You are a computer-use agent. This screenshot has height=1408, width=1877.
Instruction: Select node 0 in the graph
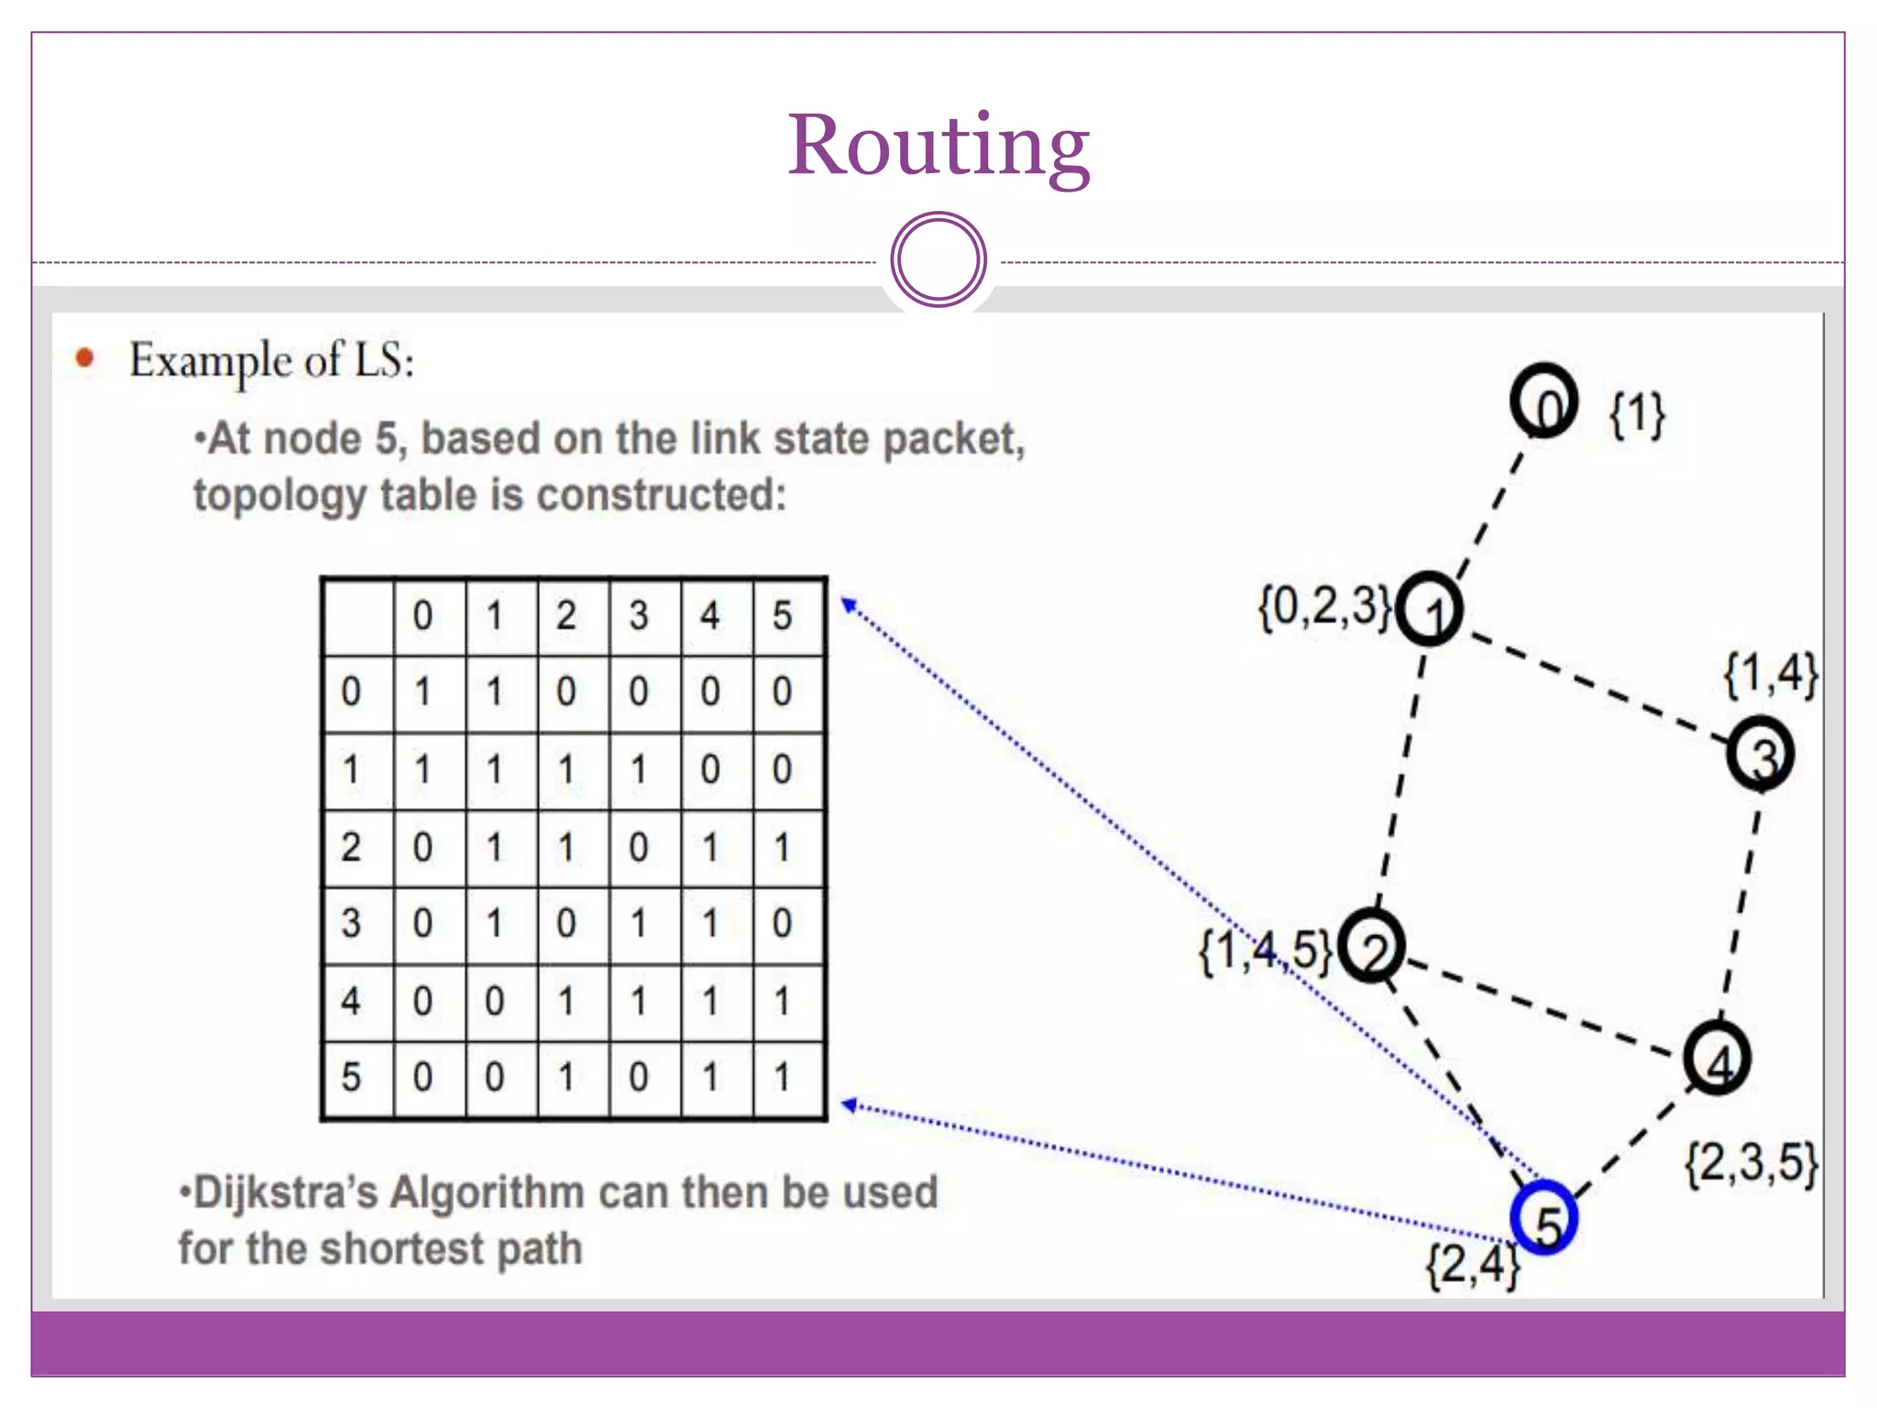click(1544, 401)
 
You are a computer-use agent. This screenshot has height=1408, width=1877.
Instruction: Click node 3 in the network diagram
click(1760, 753)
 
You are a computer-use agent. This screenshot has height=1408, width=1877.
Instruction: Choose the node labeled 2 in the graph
click(1371, 946)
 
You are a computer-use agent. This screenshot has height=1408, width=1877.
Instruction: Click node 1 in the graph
click(1429, 609)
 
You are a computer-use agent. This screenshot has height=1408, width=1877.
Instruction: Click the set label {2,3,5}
click(1751, 1163)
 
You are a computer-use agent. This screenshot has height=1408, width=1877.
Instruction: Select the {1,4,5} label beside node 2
click(1266, 951)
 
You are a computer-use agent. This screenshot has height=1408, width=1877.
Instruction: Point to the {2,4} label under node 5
click(1472, 1266)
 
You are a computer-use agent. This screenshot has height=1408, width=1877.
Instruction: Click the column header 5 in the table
click(782, 615)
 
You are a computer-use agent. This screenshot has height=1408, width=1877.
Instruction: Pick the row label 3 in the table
click(351, 923)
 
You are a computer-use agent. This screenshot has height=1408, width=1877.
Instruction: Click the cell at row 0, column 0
click(423, 692)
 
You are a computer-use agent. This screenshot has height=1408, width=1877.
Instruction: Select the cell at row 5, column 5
click(782, 1077)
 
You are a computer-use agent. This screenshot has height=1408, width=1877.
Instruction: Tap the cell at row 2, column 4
click(710, 847)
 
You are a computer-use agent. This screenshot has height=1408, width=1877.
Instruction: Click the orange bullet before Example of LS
click(85, 357)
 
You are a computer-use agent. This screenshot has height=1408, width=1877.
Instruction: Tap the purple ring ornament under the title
click(938, 259)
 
